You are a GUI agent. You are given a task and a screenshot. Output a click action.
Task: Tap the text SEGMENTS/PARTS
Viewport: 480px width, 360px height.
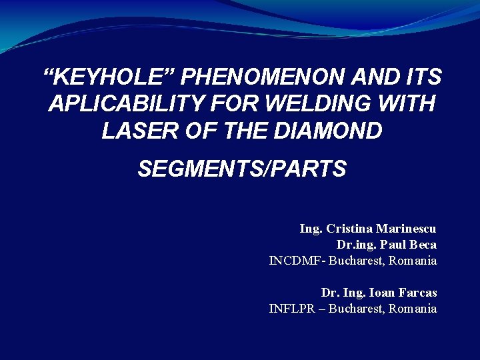click(x=242, y=169)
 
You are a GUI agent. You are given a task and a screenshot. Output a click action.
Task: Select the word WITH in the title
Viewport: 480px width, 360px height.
click(x=409, y=104)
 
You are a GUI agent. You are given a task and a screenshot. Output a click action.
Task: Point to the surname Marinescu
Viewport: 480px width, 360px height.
click(x=408, y=229)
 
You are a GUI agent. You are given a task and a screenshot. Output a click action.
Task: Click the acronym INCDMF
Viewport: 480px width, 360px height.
click(x=294, y=261)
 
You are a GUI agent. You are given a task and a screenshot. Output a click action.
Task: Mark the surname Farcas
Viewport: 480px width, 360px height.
click(x=418, y=293)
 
